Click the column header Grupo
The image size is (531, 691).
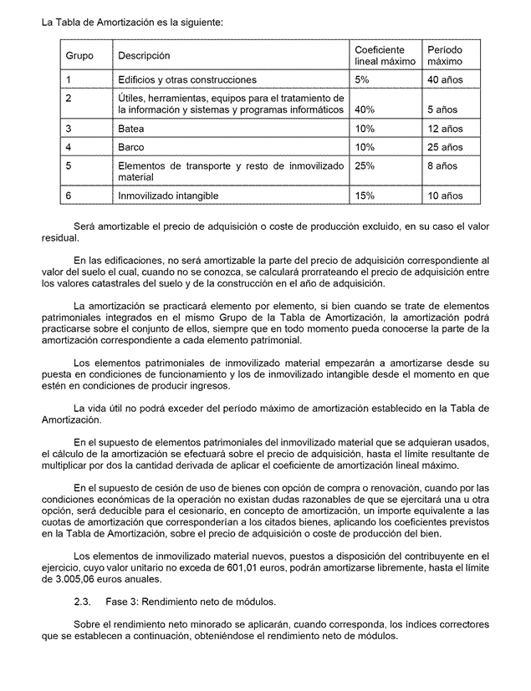(79, 56)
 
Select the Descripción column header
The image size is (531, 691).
(144, 56)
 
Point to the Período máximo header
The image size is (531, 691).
(444, 56)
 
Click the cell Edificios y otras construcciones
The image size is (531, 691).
(186, 80)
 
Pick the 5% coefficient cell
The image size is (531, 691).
(362, 80)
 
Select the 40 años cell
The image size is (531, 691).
(444, 80)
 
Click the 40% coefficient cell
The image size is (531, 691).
(365, 109)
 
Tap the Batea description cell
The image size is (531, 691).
(130, 130)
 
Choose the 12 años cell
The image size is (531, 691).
(444, 130)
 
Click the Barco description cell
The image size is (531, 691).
(131, 148)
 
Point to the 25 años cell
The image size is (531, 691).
(444, 148)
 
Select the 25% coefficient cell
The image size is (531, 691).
(365, 166)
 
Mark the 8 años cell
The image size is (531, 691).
(442, 166)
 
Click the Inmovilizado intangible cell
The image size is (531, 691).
(168, 196)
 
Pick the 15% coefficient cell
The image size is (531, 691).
(365, 196)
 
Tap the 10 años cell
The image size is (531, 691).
(444, 196)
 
